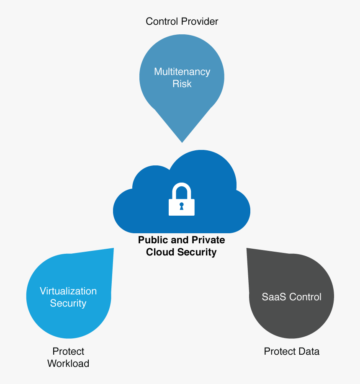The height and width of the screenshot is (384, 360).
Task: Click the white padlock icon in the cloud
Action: coord(182,201)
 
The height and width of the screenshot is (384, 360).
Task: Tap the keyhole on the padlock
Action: coord(182,206)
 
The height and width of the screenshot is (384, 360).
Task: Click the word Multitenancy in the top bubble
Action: coord(182,72)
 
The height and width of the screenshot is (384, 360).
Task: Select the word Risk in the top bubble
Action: coord(182,84)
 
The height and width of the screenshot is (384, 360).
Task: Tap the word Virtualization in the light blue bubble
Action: coord(68,291)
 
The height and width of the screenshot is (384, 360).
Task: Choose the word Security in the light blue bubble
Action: coord(68,303)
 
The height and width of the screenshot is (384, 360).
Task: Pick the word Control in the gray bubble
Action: coord(306,297)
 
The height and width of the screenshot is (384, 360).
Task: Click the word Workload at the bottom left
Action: coord(68,363)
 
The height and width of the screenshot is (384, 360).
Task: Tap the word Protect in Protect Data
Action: coord(279,351)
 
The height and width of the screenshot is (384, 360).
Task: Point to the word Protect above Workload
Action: coord(68,351)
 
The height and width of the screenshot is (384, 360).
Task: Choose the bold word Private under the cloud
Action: coord(208,240)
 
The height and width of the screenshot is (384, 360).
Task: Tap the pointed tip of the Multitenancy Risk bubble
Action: coord(182,141)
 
